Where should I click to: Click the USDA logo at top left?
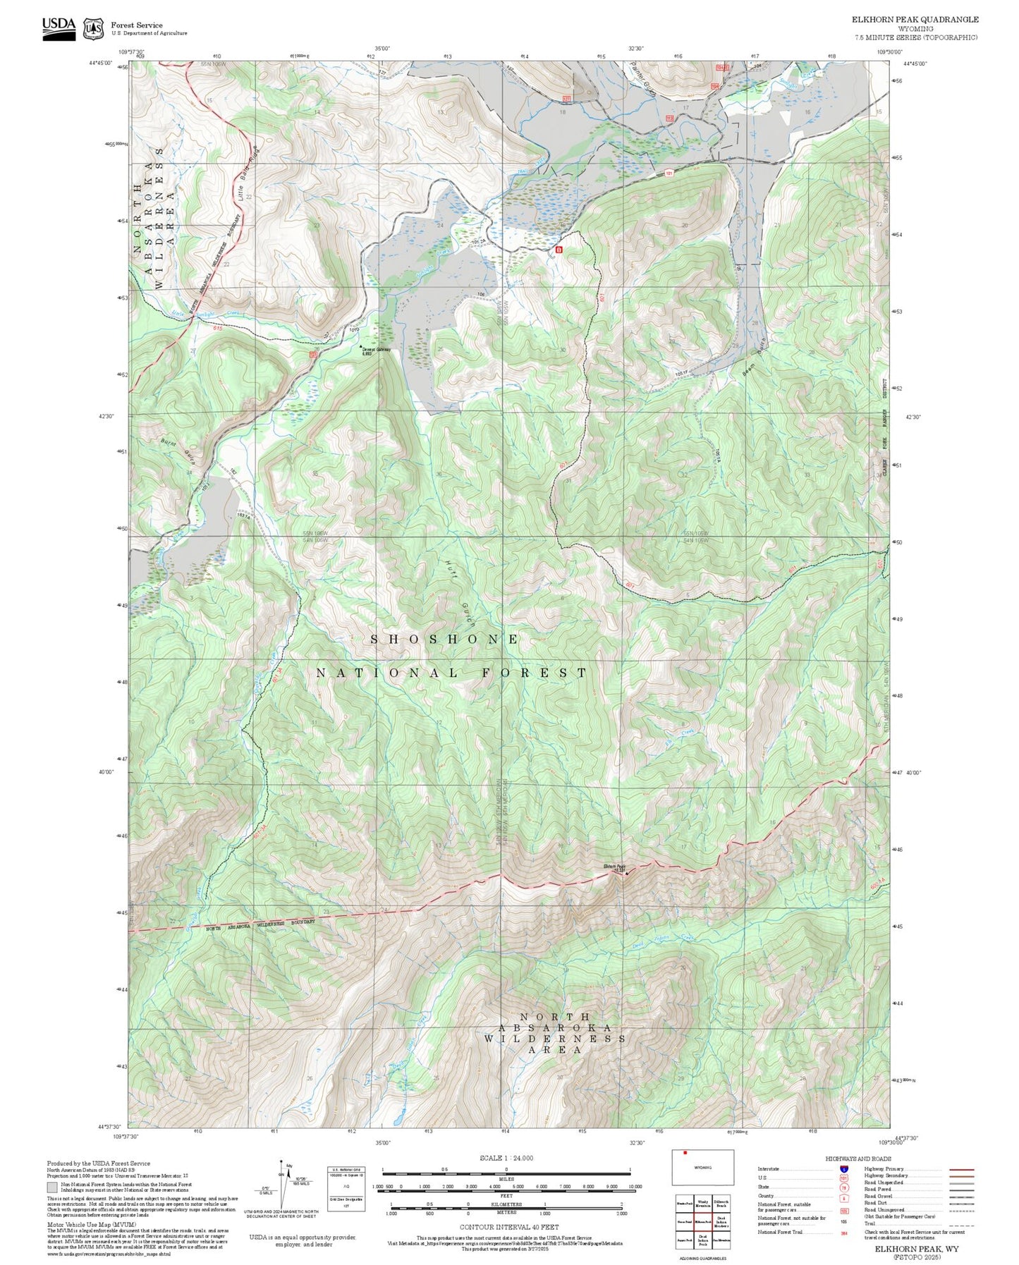(59, 28)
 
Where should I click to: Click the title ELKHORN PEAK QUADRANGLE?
(915, 20)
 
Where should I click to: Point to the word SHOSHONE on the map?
(445, 640)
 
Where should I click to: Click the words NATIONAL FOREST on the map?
(451, 673)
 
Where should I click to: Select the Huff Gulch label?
(459, 595)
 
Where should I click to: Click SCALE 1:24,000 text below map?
(506, 1158)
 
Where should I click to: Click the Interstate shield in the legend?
(843, 1169)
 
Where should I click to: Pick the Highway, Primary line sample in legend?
(962, 1169)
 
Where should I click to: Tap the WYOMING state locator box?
(702, 1168)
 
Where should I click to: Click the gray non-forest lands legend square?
(52, 1187)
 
